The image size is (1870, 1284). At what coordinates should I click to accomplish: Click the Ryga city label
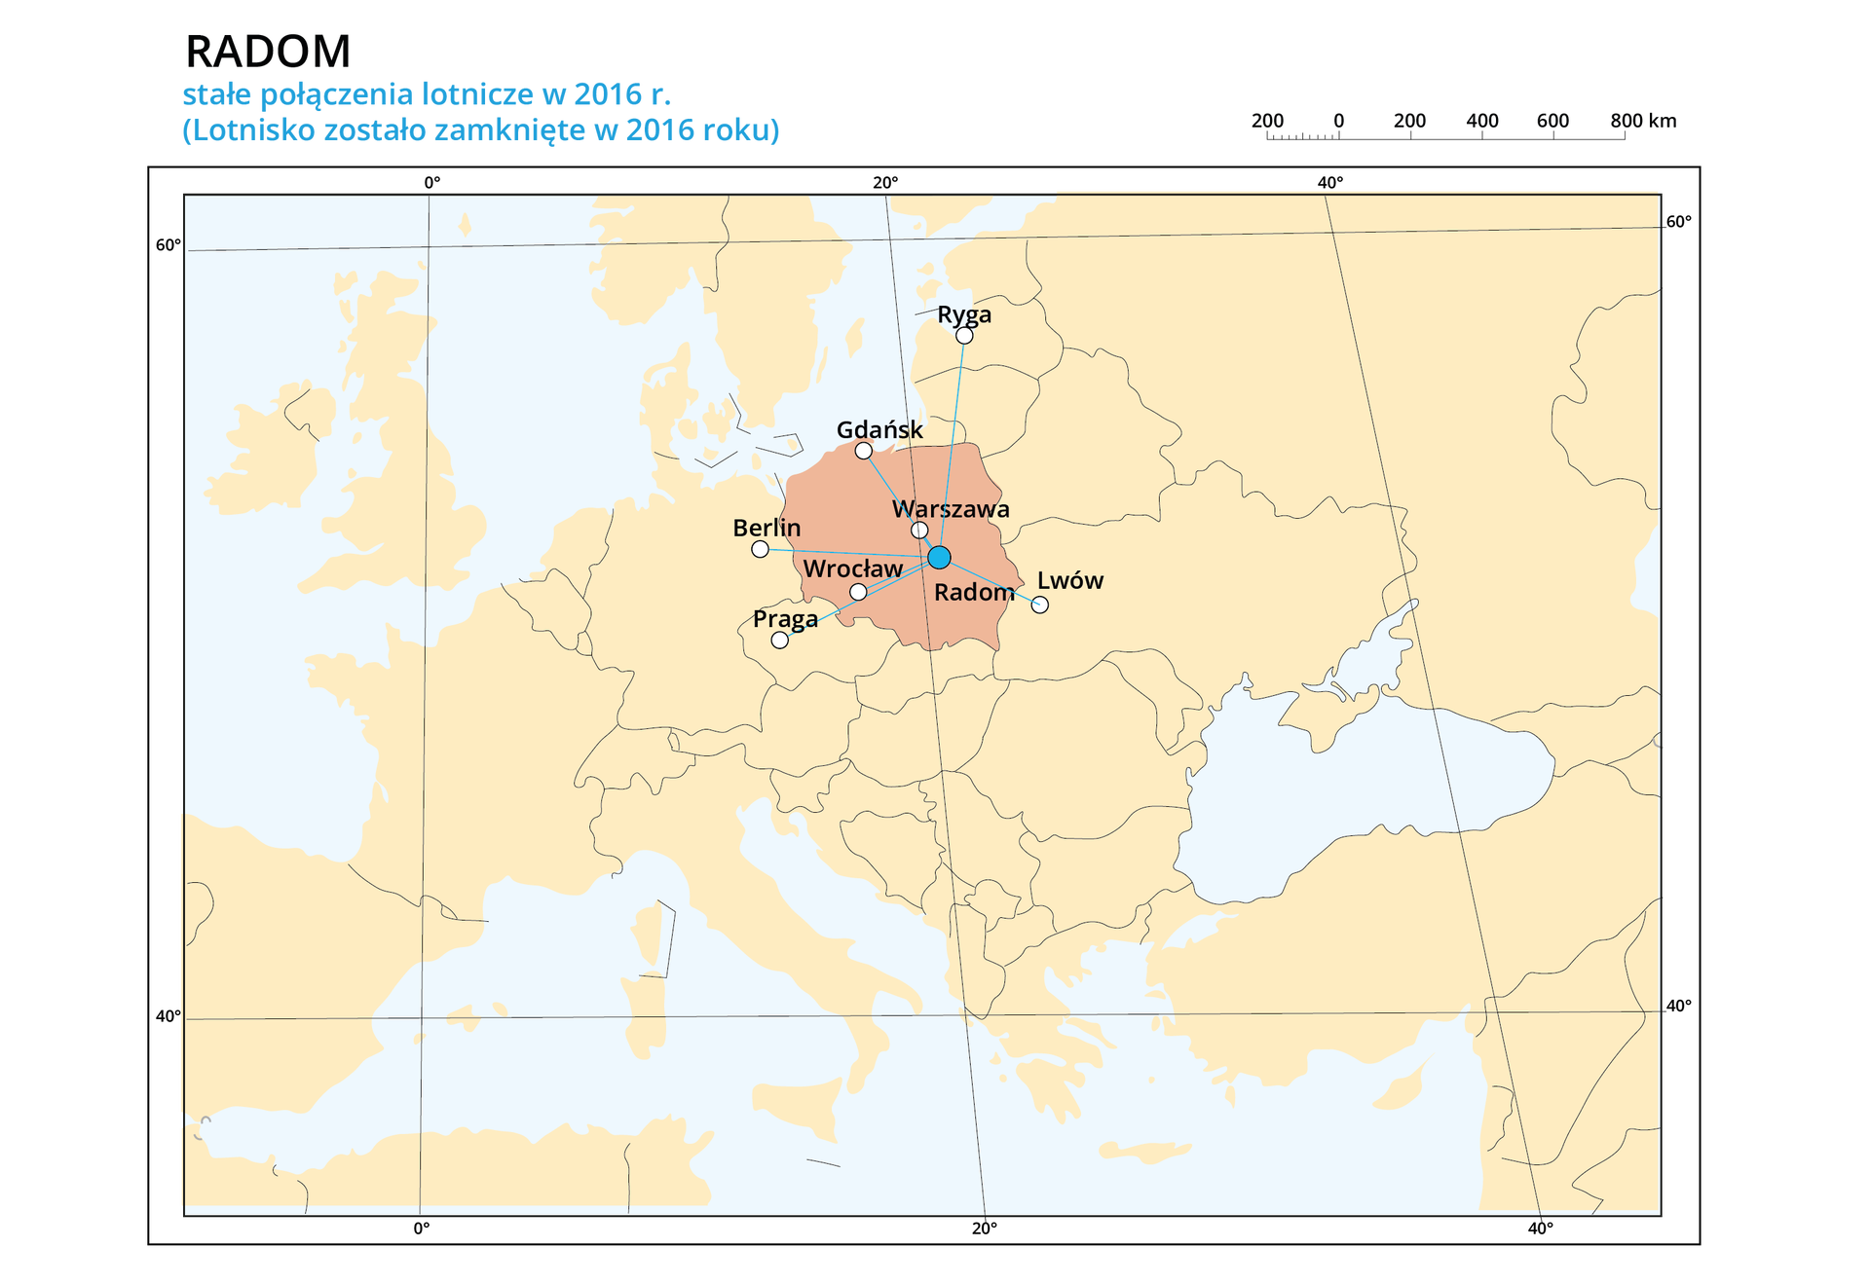pyautogui.click(x=963, y=315)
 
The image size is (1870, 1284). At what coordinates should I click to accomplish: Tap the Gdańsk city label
pyautogui.click(x=879, y=430)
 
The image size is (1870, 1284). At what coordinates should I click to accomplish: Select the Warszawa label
pyautogui.click(x=951, y=509)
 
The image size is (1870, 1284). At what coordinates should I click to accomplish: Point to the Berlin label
pyautogui.click(x=767, y=528)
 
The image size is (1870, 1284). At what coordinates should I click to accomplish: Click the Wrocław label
pyautogui.click(x=852, y=569)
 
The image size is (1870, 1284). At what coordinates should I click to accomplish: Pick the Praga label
pyautogui.click(x=785, y=619)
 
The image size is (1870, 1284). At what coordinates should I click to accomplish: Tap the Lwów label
pyautogui.click(x=1069, y=580)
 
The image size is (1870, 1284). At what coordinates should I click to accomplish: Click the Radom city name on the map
pyautogui.click(x=973, y=592)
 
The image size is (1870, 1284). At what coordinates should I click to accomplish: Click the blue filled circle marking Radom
pyautogui.click(x=939, y=557)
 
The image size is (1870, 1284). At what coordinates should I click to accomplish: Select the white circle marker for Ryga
pyautogui.click(x=964, y=336)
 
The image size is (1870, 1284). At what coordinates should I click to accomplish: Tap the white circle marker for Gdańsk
pyautogui.click(x=863, y=451)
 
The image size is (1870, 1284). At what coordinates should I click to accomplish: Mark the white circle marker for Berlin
pyautogui.click(x=760, y=549)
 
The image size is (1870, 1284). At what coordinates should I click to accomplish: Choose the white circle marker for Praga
pyautogui.click(x=779, y=640)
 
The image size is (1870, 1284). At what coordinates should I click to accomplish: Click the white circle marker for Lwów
pyautogui.click(x=1040, y=605)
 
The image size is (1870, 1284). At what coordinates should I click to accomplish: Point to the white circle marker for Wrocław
pyautogui.click(x=858, y=592)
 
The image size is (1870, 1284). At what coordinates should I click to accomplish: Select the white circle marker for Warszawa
pyautogui.click(x=919, y=531)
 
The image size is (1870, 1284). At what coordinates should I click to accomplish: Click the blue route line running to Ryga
pyautogui.click(x=953, y=438)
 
